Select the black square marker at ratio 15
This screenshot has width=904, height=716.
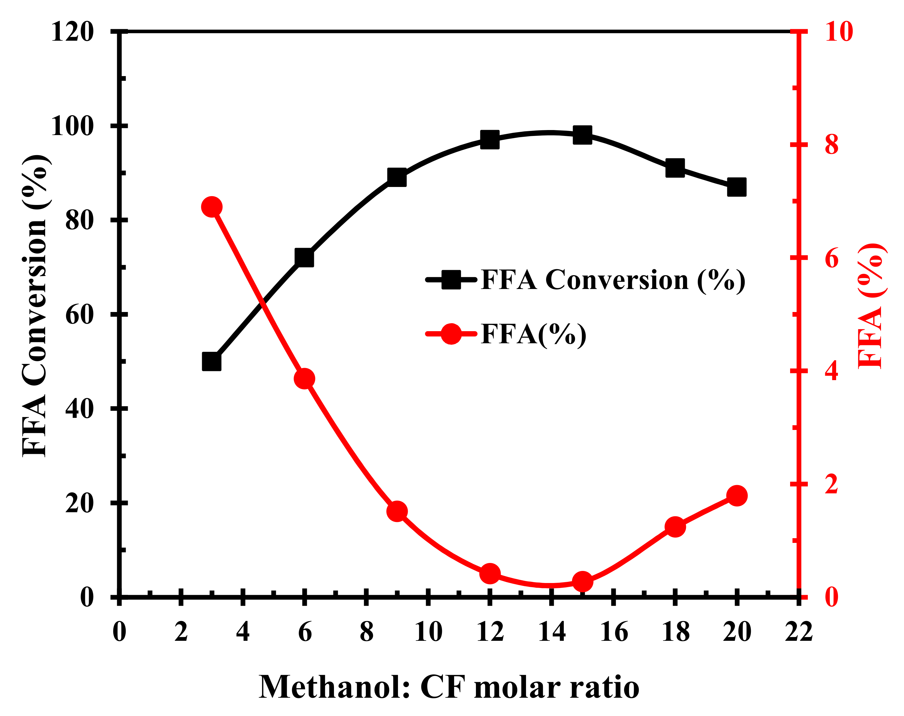click(583, 135)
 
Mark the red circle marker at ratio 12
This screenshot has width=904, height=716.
click(490, 574)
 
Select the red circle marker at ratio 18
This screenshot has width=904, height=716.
click(675, 527)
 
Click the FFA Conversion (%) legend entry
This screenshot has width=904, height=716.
click(613, 280)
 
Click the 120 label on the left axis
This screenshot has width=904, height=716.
click(72, 32)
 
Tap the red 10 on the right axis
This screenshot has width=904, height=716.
click(839, 32)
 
